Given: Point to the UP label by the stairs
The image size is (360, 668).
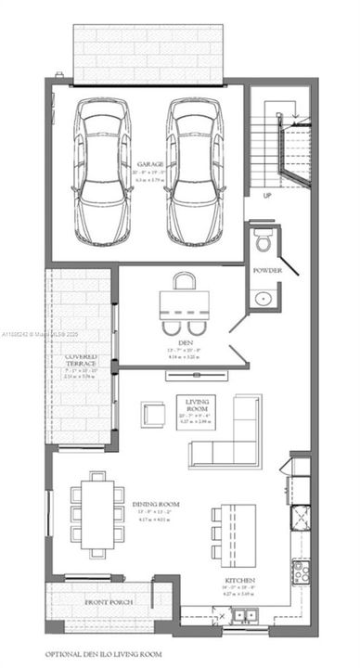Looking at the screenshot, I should (267, 196).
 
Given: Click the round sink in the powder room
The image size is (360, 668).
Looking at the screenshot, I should (264, 298).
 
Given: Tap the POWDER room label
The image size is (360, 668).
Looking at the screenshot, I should (268, 270).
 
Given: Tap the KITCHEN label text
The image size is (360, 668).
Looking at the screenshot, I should (239, 581).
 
